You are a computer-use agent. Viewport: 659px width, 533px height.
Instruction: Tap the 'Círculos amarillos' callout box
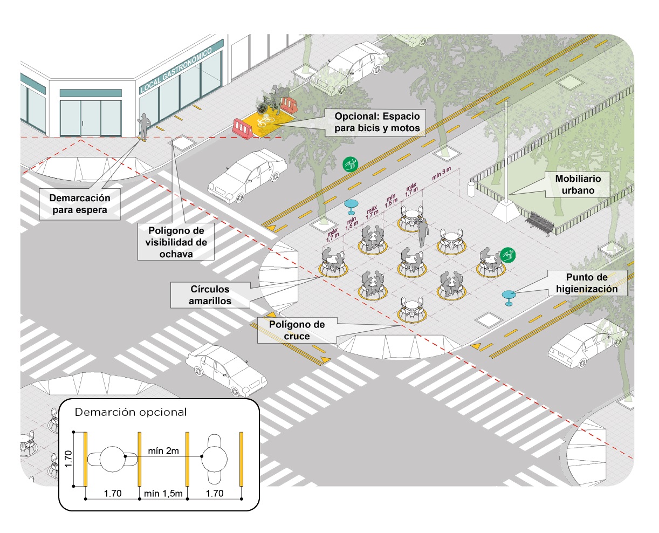(210, 295)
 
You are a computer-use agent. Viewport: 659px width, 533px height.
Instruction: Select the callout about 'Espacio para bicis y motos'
(376, 122)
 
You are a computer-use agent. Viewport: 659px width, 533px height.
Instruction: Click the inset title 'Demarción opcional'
(131, 412)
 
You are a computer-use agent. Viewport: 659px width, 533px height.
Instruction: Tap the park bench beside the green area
(541, 223)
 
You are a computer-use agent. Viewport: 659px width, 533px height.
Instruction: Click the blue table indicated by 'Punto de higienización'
(509, 296)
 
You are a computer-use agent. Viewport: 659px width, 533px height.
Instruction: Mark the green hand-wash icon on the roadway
(351, 165)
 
